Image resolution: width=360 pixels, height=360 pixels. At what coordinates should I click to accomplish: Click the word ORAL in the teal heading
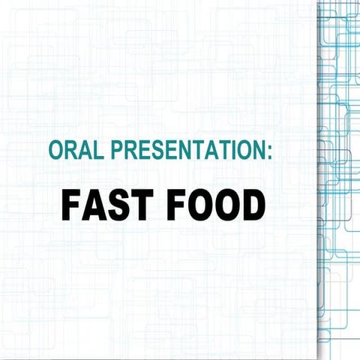point(72,150)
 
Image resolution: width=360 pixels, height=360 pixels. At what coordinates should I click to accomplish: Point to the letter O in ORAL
point(55,150)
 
